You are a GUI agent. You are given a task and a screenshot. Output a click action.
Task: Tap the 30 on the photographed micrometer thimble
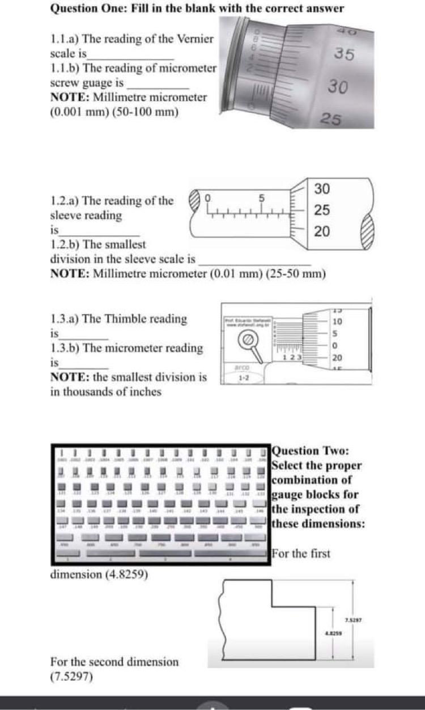(x=338, y=87)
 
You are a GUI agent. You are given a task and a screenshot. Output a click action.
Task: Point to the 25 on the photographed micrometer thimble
(x=331, y=119)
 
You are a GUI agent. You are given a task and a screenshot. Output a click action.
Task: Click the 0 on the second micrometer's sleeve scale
(x=208, y=197)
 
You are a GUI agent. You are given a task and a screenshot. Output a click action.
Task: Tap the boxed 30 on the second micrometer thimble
(x=322, y=188)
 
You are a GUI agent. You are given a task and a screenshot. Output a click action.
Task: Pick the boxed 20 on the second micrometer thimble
(x=322, y=231)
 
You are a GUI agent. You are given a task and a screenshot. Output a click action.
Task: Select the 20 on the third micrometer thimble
(x=337, y=357)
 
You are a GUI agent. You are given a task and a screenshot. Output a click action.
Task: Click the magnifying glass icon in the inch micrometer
(x=248, y=340)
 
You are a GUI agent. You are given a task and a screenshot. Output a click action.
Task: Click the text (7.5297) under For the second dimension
(x=72, y=677)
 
